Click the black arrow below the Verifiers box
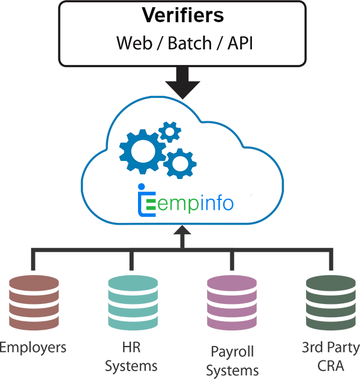click(x=183, y=82)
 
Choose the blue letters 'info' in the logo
click(x=214, y=202)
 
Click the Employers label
click(x=33, y=348)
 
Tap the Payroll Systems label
click(x=233, y=360)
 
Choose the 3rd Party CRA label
click(x=331, y=356)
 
